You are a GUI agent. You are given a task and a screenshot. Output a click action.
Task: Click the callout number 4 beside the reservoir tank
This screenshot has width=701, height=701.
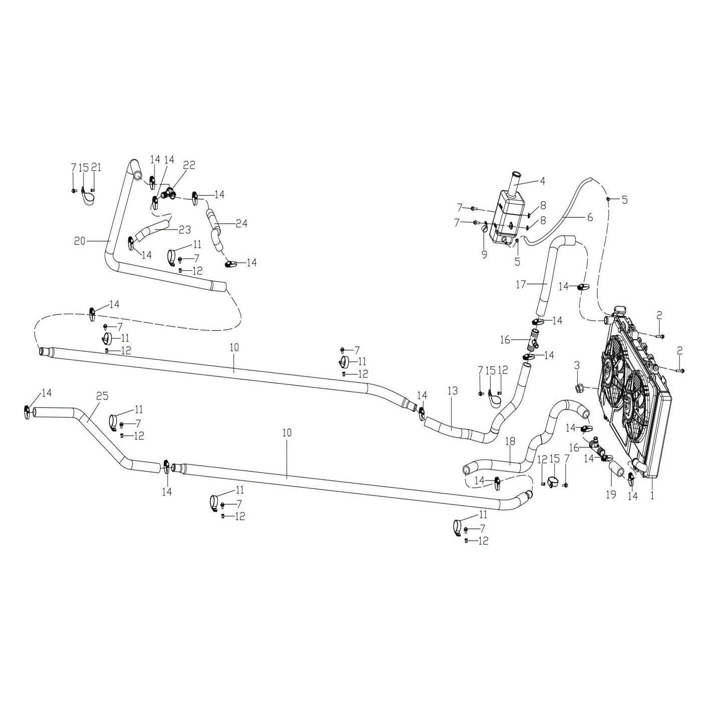coord(542,181)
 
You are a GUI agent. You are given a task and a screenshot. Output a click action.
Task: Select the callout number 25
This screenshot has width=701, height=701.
coord(102,396)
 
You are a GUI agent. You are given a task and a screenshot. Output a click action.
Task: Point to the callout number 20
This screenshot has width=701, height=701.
coord(80,241)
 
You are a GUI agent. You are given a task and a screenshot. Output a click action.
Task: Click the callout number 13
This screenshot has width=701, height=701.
coord(453,391)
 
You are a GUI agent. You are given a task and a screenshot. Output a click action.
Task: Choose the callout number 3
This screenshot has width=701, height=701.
coord(577,366)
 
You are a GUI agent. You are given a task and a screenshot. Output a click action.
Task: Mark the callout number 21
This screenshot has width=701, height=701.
coord(96,167)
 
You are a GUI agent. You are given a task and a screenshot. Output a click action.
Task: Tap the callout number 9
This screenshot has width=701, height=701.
coord(484,254)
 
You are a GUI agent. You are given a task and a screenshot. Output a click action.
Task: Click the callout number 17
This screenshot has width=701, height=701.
coord(521,284)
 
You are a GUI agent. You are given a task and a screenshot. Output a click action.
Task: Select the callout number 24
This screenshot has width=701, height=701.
coord(241,223)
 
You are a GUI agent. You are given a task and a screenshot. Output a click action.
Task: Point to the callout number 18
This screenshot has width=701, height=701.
coord(510,441)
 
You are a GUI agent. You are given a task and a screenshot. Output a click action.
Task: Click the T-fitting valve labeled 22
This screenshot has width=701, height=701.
coord(167,193)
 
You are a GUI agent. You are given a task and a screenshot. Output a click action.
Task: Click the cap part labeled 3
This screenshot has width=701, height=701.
coord(581,388)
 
